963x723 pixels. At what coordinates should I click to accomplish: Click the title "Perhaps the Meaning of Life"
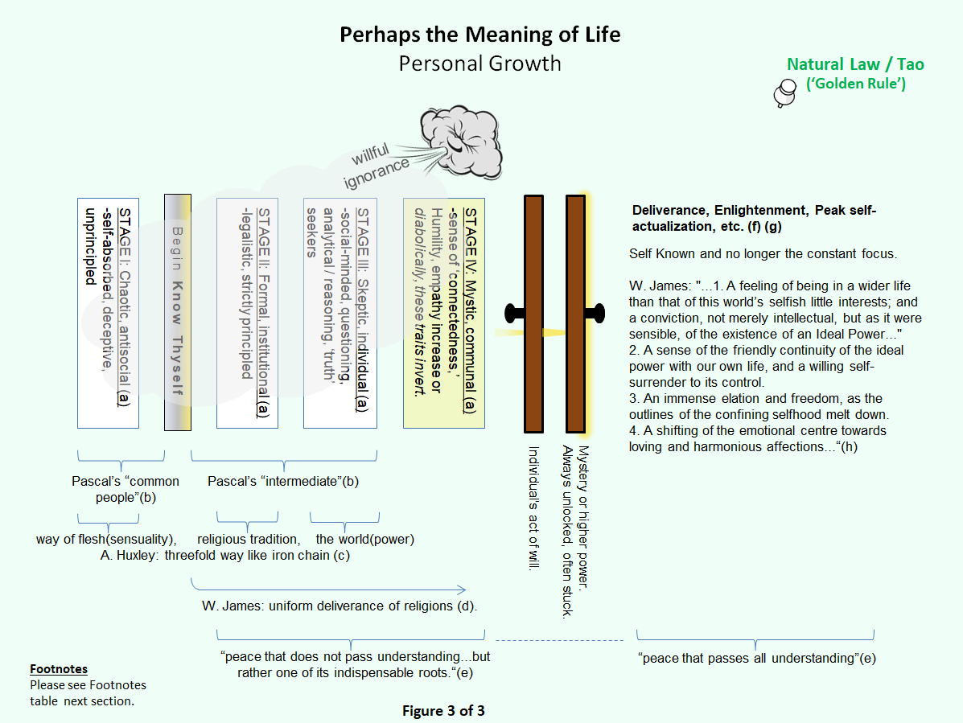pyautogui.click(x=479, y=35)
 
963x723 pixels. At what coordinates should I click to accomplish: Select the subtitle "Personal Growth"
pyautogui.click(x=479, y=64)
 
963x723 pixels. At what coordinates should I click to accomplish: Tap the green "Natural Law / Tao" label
pyautogui.click(x=856, y=65)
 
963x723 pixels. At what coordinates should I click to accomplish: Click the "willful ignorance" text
pyautogui.click(x=378, y=165)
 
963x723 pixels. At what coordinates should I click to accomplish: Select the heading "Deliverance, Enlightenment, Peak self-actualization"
pyautogui.click(x=754, y=218)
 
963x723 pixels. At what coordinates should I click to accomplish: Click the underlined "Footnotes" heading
pyautogui.click(x=59, y=669)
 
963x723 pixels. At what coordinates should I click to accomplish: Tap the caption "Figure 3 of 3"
pyautogui.click(x=443, y=710)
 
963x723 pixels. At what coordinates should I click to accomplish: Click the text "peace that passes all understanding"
pyautogui.click(x=756, y=659)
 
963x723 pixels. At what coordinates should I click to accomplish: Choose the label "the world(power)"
pyautogui.click(x=364, y=539)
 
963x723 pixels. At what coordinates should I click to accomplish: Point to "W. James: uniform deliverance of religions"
pyautogui.click(x=339, y=605)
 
